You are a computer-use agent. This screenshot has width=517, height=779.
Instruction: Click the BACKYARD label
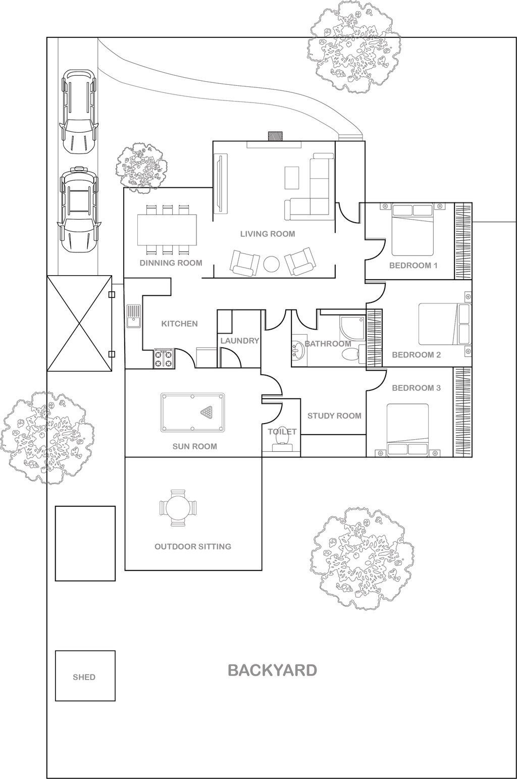tap(272, 670)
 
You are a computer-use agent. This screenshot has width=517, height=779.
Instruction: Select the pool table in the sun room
tap(192, 412)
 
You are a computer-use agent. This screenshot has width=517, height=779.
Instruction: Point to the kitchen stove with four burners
tap(164, 358)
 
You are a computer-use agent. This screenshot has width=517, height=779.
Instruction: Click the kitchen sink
tap(133, 316)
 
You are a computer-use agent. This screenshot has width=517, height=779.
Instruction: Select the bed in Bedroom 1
tap(413, 230)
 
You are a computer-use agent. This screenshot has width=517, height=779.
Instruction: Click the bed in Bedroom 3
tap(407, 429)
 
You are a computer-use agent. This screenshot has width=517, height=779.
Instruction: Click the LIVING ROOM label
tap(268, 234)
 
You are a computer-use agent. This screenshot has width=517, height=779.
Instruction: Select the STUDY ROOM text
tap(334, 416)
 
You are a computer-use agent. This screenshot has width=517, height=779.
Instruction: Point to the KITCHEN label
tap(179, 324)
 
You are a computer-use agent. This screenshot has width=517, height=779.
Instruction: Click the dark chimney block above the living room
tap(275, 136)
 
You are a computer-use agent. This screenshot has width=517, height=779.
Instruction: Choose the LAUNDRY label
tap(240, 341)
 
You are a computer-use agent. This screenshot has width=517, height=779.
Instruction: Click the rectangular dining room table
tap(167, 230)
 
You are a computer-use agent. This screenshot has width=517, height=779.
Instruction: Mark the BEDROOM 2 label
tap(416, 355)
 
